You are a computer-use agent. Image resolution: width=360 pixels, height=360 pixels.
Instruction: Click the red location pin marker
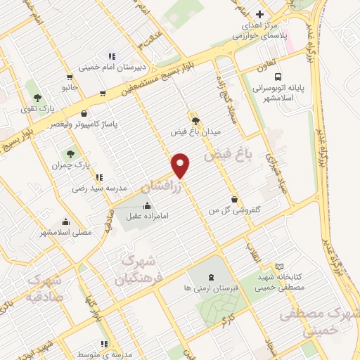click(181, 165)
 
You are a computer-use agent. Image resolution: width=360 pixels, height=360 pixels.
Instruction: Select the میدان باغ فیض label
click(195, 131)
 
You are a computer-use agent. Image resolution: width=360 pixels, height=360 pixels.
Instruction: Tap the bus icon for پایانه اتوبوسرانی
click(278, 77)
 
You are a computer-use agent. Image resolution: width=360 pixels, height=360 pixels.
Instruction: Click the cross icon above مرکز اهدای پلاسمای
click(259, 15)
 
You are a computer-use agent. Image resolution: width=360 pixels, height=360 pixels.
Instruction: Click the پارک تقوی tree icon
click(37, 98)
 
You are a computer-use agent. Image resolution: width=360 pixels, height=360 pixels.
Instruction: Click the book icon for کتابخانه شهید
click(280, 267)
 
